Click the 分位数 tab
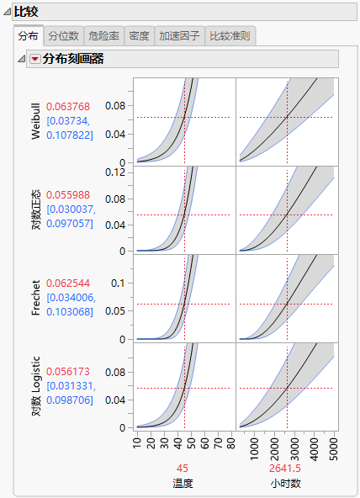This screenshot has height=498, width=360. click(x=63, y=36)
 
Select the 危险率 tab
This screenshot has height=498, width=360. click(x=103, y=36)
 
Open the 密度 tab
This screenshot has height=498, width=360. click(x=139, y=36)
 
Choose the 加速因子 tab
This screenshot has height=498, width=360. click(x=178, y=36)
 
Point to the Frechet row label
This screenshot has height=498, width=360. click(x=36, y=299)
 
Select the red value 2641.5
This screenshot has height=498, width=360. click(x=287, y=469)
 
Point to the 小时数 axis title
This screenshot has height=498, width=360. click(x=287, y=483)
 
